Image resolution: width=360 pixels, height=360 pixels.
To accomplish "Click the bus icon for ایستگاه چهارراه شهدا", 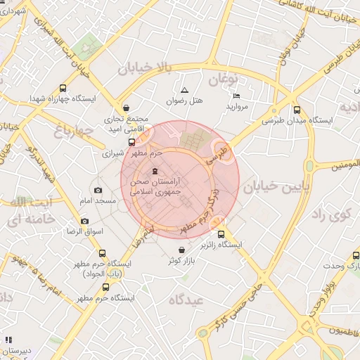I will click(x=64, y=89).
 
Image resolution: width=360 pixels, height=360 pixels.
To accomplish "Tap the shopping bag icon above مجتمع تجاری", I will click(x=126, y=108).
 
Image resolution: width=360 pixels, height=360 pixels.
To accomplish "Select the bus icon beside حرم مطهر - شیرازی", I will click(x=131, y=141).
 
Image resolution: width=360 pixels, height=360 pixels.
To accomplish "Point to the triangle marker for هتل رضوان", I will click(x=184, y=90).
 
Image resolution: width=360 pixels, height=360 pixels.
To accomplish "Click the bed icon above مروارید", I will click(x=236, y=96).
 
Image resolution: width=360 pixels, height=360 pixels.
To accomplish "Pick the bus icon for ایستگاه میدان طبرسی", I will click(x=297, y=110).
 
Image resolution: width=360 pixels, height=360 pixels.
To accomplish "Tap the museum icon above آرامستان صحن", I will click(x=155, y=172).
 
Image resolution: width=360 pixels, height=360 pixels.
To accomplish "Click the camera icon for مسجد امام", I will click(x=98, y=190).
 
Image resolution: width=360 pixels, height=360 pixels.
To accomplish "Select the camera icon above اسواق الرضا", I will click(x=85, y=221).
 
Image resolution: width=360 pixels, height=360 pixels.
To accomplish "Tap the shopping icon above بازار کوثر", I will click(x=182, y=250).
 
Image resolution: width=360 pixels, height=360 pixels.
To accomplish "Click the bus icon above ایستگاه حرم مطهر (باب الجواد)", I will click(x=103, y=253).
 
